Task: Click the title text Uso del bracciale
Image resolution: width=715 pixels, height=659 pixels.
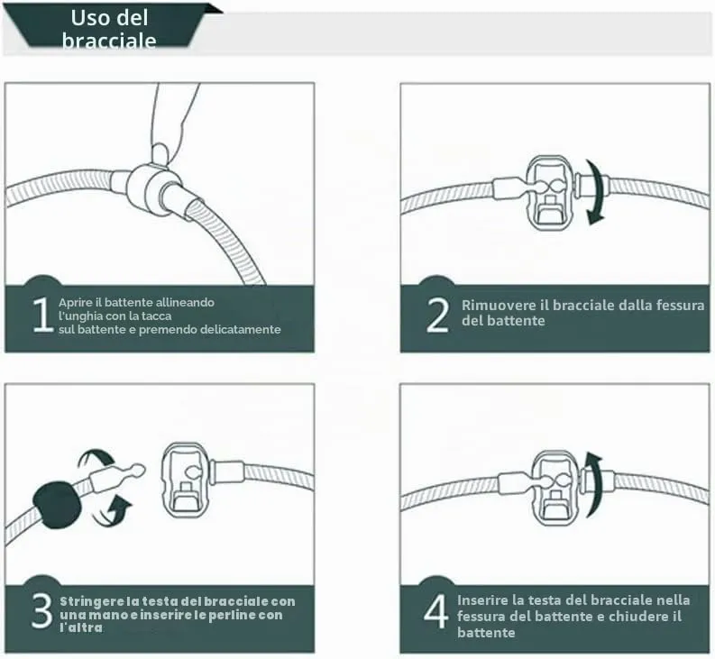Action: pyautogui.click(x=109, y=29)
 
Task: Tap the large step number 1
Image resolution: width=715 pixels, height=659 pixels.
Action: pyautogui.click(x=42, y=315)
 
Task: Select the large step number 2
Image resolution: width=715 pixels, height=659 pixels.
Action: pyautogui.click(x=437, y=315)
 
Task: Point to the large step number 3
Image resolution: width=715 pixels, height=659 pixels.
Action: pyautogui.click(x=42, y=610)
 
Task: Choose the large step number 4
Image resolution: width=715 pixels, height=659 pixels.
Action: pyautogui.click(x=435, y=611)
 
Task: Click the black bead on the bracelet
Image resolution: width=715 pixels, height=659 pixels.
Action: pyautogui.click(x=57, y=505)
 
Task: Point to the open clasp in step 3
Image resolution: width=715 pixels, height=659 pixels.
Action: pyautogui.click(x=185, y=480)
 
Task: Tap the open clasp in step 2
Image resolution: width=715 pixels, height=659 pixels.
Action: pyautogui.click(x=550, y=192)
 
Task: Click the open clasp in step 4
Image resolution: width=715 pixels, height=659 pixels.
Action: pyautogui.click(x=555, y=487)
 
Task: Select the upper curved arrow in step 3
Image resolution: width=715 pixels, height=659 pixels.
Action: pyautogui.click(x=96, y=458)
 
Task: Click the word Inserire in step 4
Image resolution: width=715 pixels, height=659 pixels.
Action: pyautogui.click(x=482, y=600)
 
